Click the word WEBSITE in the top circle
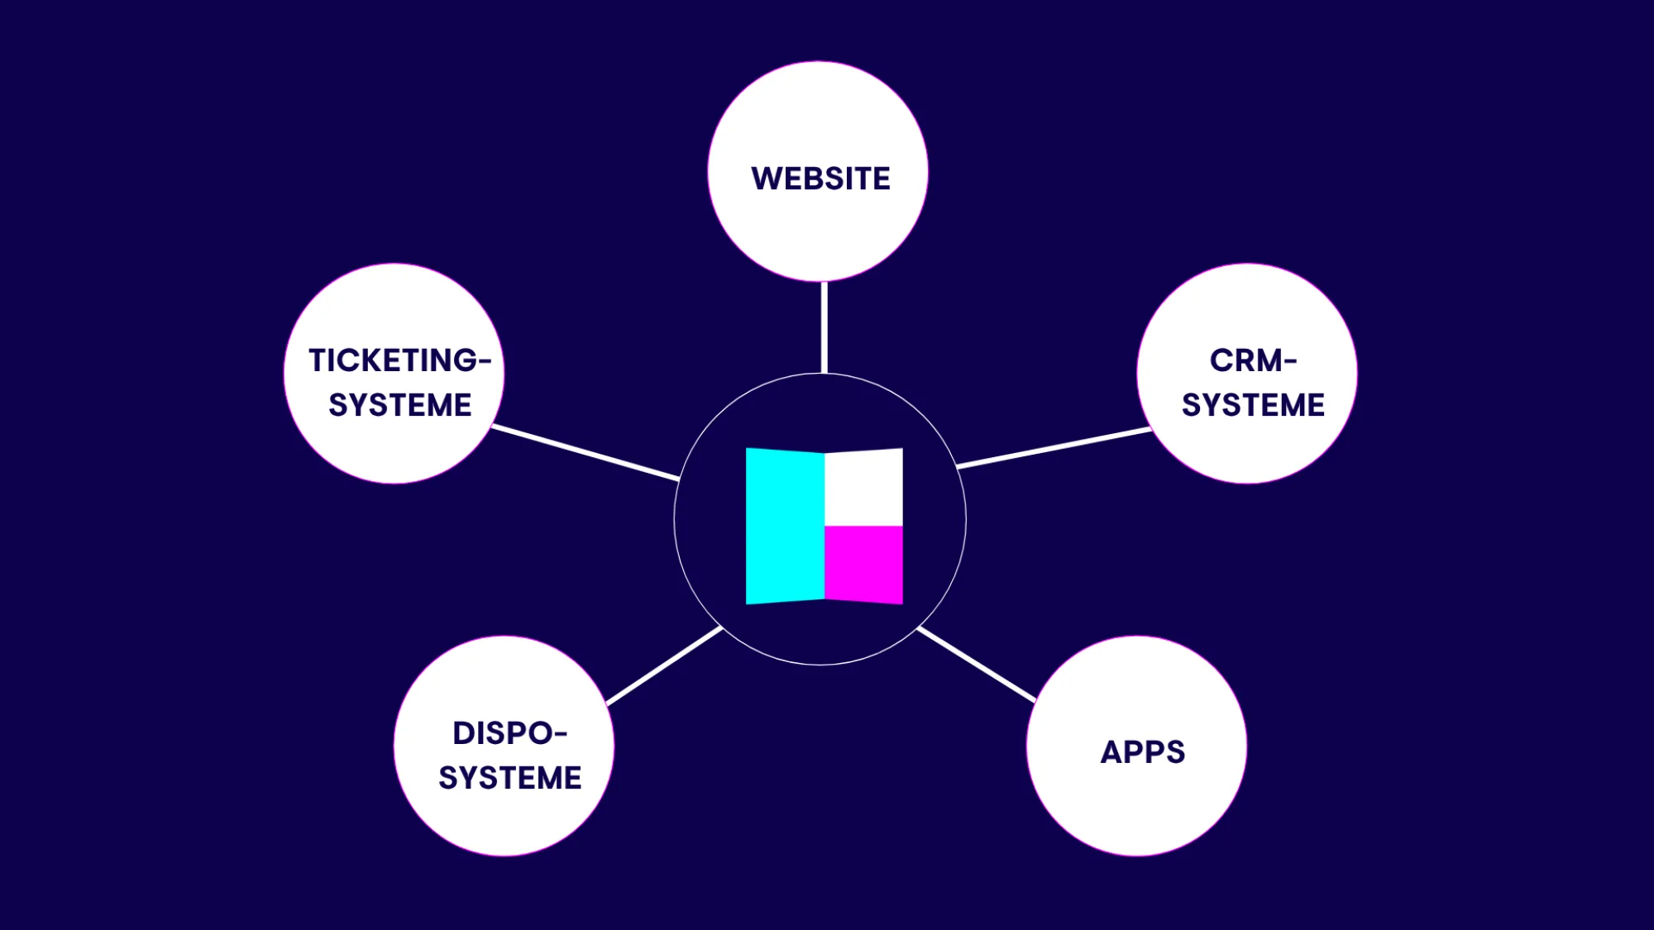click(820, 179)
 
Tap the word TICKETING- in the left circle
click(400, 360)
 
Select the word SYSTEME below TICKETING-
click(400, 405)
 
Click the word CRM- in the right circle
click(1252, 360)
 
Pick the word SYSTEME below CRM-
click(1253, 405)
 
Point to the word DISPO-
click(509, 733)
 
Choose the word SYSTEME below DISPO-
click(509, 778)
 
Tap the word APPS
click(1142, 752)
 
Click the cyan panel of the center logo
click(785, 527)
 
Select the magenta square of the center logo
click(863, 564)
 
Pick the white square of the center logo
click(863, 488)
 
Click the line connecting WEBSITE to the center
click(824, 327)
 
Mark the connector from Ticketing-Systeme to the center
click(586, 453)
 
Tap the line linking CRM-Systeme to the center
click(1054, 448)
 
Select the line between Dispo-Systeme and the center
click(665, 666)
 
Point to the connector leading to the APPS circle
click(977, 665)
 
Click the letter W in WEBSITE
click(766, 179)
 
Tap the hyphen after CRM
click(1289, 360)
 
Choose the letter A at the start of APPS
click(1111, 752)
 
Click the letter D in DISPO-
click(464, 733)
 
